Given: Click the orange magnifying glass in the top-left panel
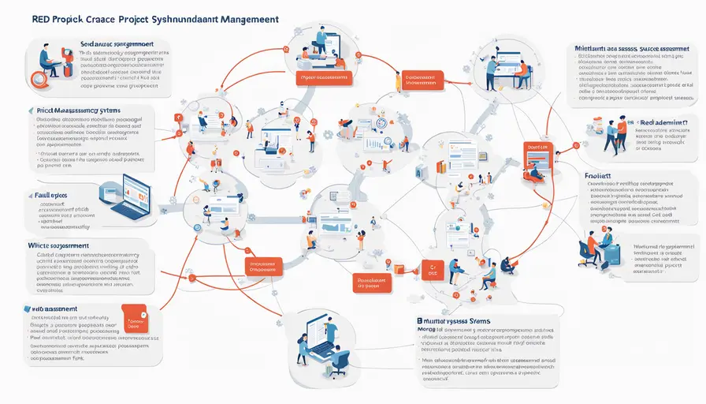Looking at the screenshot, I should coord(36,77).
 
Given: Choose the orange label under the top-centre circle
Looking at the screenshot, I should coord(323,78).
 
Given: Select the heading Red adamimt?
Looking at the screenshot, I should coord(663,122).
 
